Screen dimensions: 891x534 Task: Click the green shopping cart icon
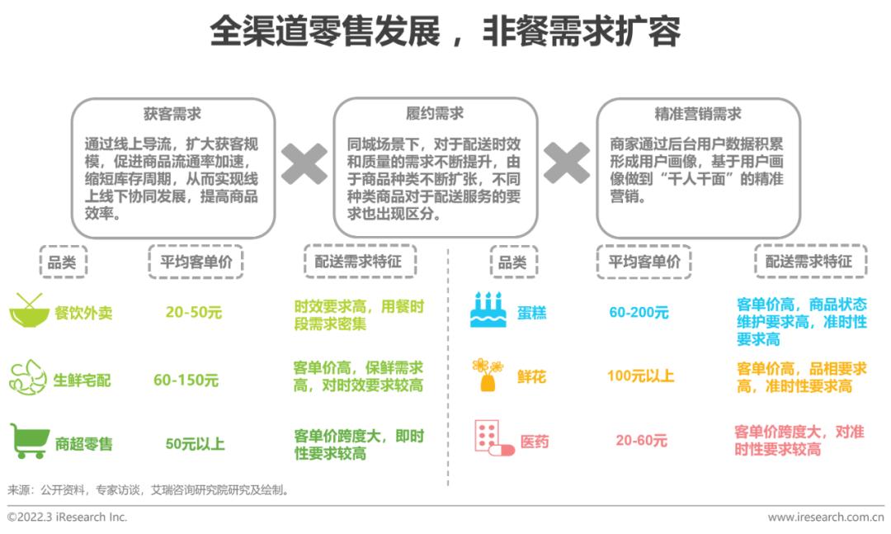[30, 441]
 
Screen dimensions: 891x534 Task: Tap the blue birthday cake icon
[488, 310]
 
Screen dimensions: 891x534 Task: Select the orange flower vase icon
[488, 375]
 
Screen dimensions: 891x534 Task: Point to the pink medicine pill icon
[494, 438]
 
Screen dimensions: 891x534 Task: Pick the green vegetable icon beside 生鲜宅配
[28, 378]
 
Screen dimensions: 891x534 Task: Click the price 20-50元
[194, 312]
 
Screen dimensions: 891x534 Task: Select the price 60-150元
[186, 380]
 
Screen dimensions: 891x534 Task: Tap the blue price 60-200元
[639, 312]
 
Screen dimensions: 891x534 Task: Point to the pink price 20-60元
[641, 440]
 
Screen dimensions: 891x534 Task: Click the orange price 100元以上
[640, 376]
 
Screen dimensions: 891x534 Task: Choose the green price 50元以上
[195, 443]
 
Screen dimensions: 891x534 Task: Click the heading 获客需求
[172, 114]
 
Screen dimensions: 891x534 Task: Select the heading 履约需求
[435, 114]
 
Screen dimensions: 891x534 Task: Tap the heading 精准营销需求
[698, 114]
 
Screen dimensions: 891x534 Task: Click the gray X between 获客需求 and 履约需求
[304, 163]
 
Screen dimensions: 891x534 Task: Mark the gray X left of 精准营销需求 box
[567, 163]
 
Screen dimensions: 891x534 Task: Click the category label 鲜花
[531, 376]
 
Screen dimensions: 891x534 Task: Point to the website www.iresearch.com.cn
[826, 517]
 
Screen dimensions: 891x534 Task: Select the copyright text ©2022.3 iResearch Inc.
[67, 517]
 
